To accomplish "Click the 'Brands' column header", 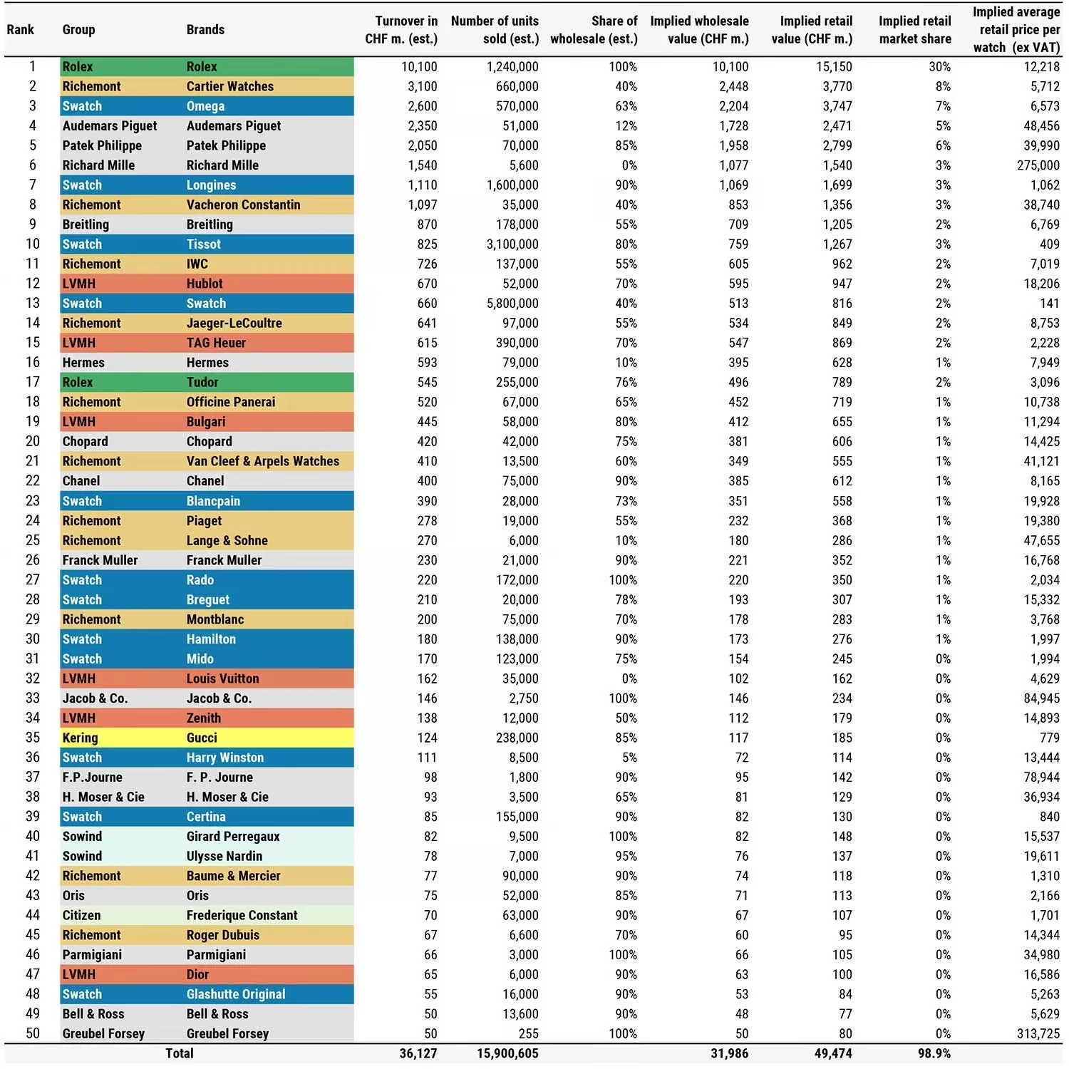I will click(205, 30).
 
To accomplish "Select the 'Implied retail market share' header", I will click(914, 30).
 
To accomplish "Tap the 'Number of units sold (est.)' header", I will click(495, 30).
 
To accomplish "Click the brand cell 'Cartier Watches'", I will click(229, 86).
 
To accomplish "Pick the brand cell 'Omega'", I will click(205, 106).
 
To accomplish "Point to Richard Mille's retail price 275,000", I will click(1038, 165).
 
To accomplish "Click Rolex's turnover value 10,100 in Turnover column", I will click(418, 67).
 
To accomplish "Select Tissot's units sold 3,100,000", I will click(512, 244).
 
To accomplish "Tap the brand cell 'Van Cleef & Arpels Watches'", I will click(262, 461).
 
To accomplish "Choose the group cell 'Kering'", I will click(80, 738).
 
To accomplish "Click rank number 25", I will click(33, 540).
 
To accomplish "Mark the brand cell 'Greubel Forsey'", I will click(227, 1033).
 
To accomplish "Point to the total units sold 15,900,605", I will click(507, 1053).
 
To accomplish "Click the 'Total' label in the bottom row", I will click(180, 1053).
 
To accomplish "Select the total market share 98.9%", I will click(934, 1053).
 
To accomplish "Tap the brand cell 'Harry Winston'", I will click(224, 758).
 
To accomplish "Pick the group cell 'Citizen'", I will click(81, 915).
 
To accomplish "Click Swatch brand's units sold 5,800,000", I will click(512, 304).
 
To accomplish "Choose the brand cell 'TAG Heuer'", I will click(216, 343).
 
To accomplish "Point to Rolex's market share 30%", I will click(939, 67).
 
